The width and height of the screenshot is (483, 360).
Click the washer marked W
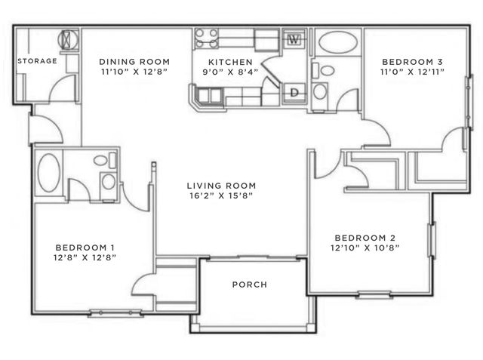[294, 39]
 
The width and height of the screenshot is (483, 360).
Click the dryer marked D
[294, 92]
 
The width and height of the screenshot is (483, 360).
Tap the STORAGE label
[37, 61]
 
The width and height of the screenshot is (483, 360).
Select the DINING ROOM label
[134, 62]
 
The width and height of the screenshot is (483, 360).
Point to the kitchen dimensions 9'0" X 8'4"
[230, 72]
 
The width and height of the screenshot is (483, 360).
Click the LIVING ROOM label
[221, 186]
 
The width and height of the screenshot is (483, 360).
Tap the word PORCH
[250, 285]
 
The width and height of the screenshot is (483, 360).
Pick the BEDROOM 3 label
[412, 62]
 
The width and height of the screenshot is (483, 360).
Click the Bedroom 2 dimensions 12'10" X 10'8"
[365, 248]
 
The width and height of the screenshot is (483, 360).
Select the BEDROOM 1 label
[85, 248]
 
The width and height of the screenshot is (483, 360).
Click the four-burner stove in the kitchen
[206, 38]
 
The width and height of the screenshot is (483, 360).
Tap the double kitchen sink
[210, 95]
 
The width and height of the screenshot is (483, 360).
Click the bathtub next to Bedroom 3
[338, 42]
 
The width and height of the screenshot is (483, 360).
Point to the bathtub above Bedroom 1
[49, 173]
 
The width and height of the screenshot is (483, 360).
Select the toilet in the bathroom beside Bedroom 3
[324, 70]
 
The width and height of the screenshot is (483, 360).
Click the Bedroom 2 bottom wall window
[374, 294]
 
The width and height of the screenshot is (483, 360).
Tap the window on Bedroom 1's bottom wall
[115, 313]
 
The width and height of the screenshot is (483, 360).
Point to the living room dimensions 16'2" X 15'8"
[221, 195]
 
